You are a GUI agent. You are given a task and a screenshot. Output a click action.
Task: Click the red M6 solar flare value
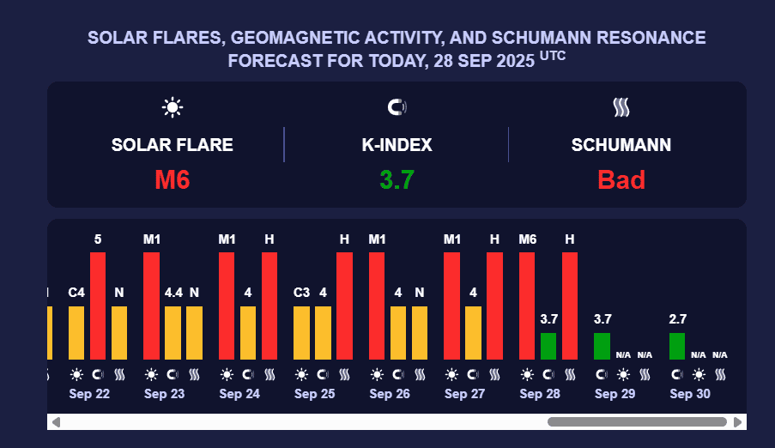coord(172,179)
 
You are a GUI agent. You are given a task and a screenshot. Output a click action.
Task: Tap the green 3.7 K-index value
coord(397,179)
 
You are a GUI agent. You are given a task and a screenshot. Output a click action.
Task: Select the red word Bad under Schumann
coord(621,179)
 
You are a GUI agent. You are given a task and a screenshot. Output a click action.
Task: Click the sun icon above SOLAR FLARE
coord(173,107)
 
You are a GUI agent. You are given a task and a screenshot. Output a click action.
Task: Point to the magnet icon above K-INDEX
coord(397,107)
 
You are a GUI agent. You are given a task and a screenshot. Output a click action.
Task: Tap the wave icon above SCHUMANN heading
coord(621,107)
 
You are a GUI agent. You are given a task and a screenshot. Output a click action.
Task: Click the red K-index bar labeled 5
coord(98,306)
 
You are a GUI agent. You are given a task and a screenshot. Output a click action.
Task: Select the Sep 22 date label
coord(89,394)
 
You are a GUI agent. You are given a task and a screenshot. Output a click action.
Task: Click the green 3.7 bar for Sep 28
coord(548,346)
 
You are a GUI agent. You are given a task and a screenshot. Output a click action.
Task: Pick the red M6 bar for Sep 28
coord(527,306)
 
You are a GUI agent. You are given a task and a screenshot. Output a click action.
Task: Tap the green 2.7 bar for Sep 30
coord(677,346)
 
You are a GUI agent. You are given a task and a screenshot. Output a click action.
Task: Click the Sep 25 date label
coord(314,394)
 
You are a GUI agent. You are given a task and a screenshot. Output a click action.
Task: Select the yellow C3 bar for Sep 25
coord(301,333)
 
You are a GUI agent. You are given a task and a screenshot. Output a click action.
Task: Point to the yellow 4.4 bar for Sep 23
coord(173,333)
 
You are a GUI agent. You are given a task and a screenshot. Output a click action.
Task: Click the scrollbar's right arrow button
coord(738,422)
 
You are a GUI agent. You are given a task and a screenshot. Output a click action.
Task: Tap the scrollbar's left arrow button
coord(56,422)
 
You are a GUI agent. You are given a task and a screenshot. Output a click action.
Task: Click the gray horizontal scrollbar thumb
coord(639,422)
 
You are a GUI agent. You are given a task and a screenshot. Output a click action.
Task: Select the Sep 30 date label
coord(690,394)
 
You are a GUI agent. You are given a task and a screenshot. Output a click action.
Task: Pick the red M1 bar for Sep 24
coord(227,306)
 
